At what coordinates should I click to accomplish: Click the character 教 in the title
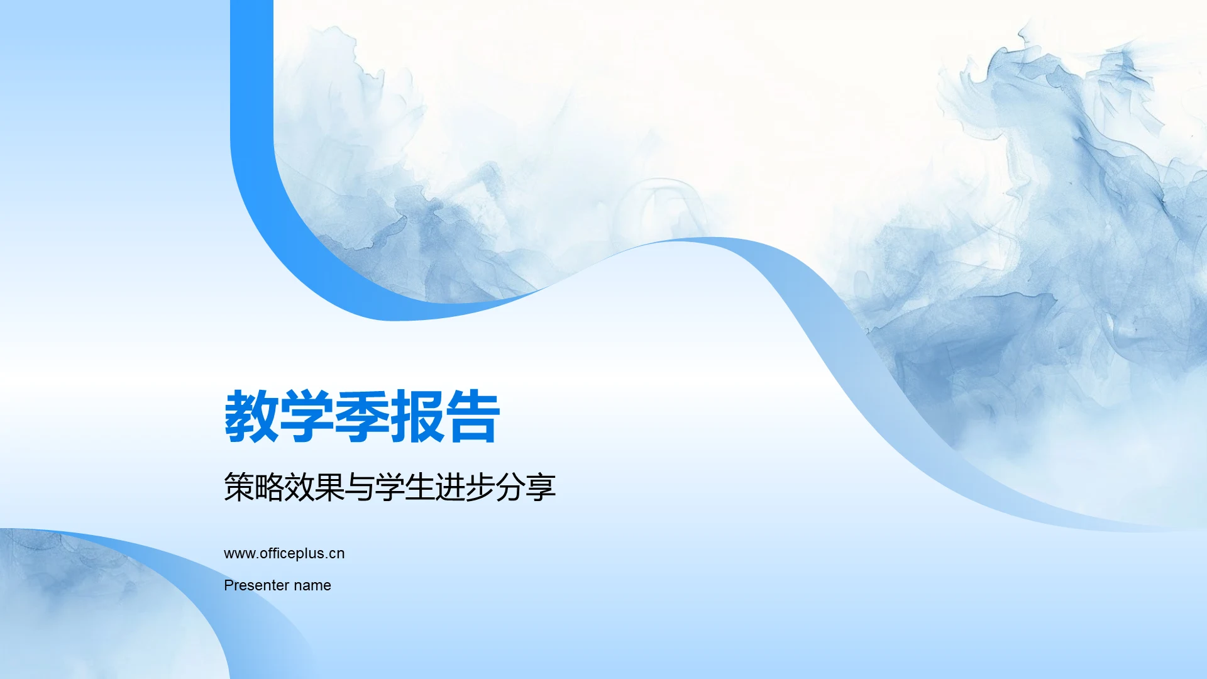(251, 416)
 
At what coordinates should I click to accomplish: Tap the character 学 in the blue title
(307, 416)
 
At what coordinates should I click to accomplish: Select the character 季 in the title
(362, 416)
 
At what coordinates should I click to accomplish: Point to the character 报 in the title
(417, 416)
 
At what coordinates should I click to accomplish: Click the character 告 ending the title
(473, 416)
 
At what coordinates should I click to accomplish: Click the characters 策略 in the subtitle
(254, 487)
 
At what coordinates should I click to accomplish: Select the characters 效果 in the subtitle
(314, 487)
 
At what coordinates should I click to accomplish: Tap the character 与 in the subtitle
(360, 487)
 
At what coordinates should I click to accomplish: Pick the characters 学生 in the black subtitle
(405, 487)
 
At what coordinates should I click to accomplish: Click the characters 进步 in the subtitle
(465, 487)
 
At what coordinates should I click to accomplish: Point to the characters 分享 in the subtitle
(526, 487)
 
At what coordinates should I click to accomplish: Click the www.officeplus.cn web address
(284, 553)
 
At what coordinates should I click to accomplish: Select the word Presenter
(256, 585)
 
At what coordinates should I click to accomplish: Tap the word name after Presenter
(312, 585)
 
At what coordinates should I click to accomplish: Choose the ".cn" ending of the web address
(335, 553)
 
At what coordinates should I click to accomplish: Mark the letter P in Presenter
(228, 585)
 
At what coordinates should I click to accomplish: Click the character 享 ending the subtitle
(541, 487)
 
